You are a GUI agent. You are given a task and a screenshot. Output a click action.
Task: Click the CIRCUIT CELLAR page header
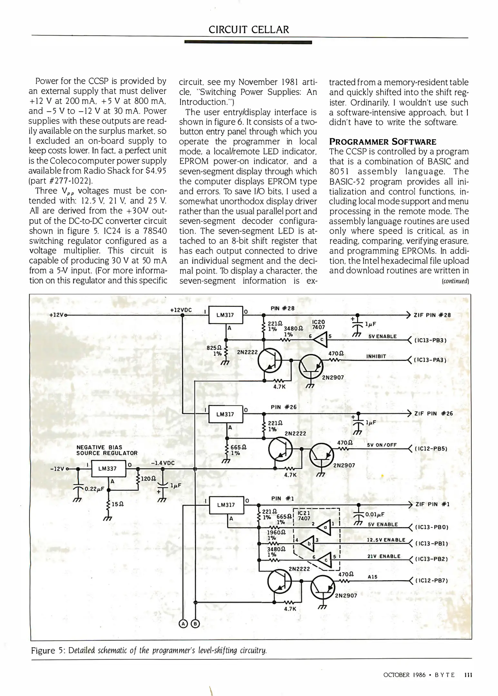pyautogui.click(x=249, y=30)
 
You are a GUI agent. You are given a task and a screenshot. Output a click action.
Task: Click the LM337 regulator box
pyautogui.click(x=108, y=469)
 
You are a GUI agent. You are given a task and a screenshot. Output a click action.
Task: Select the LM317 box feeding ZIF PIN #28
pyautogui.click(x=225, y=315)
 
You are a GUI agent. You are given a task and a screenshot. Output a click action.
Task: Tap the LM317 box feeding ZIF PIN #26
pyautogui.click(x=225, y=414)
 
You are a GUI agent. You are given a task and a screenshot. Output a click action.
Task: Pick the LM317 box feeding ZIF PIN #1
pyautogui.click(x=226, y=505)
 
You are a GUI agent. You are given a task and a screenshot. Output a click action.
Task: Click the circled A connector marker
pyautogui.click(x=183, y=624)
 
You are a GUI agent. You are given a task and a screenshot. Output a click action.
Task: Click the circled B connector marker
pyautogui.click(x=195, y=624)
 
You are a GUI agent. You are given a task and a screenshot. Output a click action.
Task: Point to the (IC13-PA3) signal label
pyautogui.click(x=430, y=360)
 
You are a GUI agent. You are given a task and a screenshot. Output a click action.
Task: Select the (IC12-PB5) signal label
pyautogui.click(x=431, y=449)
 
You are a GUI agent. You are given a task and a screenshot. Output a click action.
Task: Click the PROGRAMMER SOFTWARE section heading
pyautogui.click(x=383, y=142)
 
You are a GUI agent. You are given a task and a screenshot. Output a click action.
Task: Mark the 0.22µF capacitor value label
pyautogui.click(x=94, y=489)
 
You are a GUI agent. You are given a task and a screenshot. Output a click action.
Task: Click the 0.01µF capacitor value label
pyautogui.click(x=376, y=514)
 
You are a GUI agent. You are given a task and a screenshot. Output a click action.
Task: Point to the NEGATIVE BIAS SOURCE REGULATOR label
pyautogui.click(x=107, y=450)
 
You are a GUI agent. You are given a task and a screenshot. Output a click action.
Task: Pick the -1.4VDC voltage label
pyautogui.click(x=162, y=463)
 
